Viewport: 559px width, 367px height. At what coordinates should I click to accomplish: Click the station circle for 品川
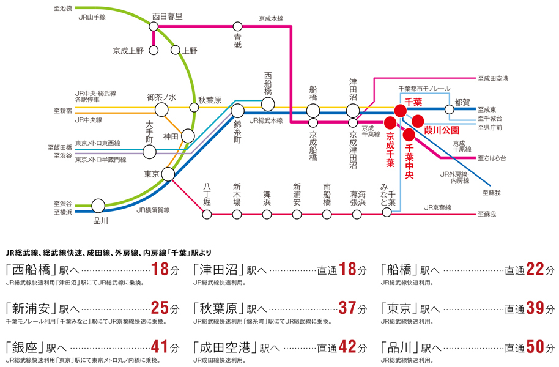(x=98, y=206)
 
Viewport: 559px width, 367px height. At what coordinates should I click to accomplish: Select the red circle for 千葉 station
(x=399, y=111)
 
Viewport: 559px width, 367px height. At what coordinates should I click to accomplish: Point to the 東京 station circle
(x=168, y=174)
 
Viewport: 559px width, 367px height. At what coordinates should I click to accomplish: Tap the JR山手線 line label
(x=92, y=17)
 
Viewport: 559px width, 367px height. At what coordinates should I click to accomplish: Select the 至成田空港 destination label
(x=494, y=78)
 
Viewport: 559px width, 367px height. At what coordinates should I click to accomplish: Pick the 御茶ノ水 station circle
(x=161, y=109)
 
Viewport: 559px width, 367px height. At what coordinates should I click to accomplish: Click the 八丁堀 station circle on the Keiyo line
(x=207, y=214)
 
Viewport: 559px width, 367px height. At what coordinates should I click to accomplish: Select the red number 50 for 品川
(x=535, y=347)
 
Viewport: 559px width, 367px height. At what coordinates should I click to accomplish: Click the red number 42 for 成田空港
(x=347, y=347)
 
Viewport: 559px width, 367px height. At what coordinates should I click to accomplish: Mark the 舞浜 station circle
(x=267, y=214)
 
